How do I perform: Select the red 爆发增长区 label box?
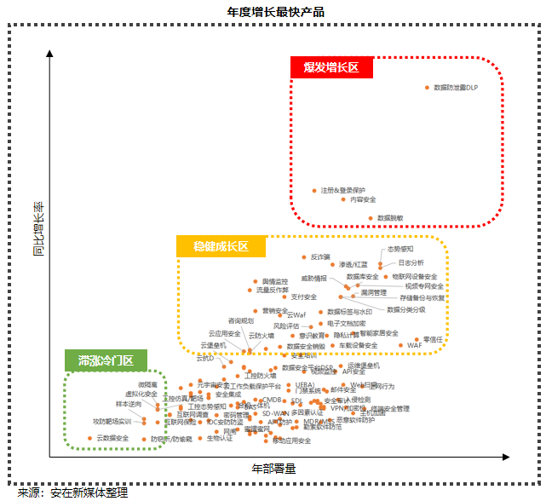331,68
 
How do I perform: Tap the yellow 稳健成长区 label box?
221,247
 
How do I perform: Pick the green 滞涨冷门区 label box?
106,360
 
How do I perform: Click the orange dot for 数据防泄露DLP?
427,88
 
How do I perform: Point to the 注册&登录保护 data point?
314,190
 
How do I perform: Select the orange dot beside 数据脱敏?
371,218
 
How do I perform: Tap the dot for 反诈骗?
304,256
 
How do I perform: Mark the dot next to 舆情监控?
254,280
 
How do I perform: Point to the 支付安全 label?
304,297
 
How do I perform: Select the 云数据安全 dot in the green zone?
89,438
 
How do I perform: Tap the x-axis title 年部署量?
273,469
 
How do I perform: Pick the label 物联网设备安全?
415,276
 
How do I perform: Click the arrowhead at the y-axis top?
51,53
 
